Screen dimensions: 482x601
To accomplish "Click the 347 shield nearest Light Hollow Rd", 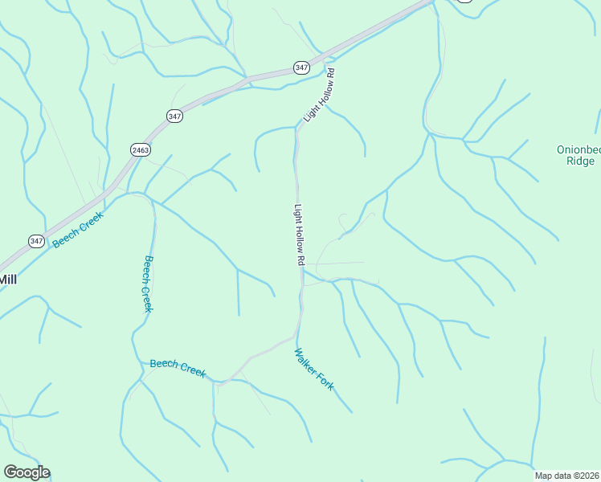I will (x=301, y=67).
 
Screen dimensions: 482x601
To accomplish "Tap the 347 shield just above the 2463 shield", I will (x=175, y=116).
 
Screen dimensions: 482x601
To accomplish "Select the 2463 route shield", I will (x=140, y=149).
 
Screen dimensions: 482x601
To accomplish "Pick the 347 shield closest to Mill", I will (x=36, y=241).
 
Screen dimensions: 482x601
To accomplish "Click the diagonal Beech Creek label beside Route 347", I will (x=79, y=229).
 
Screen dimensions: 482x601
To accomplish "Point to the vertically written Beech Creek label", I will (x=148, y=284).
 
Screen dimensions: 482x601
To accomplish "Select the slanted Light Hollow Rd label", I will (x=319, y=96).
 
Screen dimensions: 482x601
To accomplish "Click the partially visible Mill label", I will (x=7, y=280).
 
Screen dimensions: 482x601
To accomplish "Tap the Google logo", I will (x=27, y=472).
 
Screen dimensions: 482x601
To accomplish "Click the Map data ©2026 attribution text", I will (x=567, y=476).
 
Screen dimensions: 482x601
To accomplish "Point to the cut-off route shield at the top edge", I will (x=464, y=2).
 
